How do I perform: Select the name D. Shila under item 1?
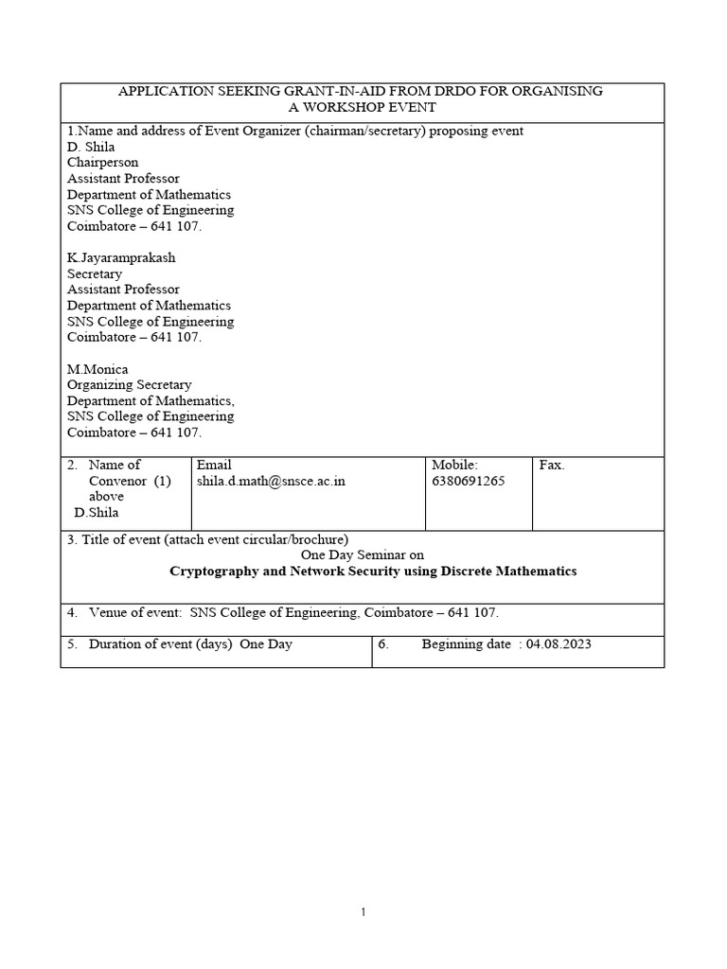point(91,147)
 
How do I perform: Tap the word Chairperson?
point(102,163)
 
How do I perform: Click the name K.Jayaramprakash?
point(121,257)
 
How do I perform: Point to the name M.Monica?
point(98,369)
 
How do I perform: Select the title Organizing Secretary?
point(129,385)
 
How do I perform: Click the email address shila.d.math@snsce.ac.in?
point(271,481)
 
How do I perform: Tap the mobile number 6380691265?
point(469,481)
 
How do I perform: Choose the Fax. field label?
point(552,465)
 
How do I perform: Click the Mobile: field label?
point(455,465)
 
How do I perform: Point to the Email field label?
point(214,465)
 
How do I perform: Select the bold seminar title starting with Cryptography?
point(372,572)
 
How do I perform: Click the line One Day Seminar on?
point(363,555)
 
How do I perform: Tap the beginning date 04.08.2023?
point(559,644)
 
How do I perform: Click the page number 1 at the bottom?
point(363,912)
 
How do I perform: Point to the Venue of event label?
point(134,613)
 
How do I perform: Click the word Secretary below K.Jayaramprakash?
point(95,273)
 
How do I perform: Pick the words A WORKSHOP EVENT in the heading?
point(363,107)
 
